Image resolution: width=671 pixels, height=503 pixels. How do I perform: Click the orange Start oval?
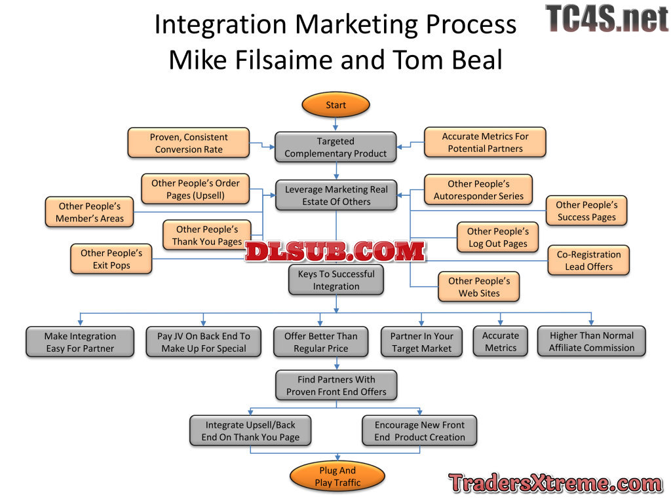[335, 105]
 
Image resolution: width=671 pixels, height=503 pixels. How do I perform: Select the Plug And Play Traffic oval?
[337, 476]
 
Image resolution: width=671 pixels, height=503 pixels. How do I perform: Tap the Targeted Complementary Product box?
[335, 147]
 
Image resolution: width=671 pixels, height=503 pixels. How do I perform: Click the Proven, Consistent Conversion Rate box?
[189, 143]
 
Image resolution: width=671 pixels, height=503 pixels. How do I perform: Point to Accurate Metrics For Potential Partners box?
[485, 142]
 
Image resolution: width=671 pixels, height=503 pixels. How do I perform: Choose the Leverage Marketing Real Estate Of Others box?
[336, 195]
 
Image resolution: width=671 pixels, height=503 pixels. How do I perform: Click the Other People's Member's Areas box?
[89, 212]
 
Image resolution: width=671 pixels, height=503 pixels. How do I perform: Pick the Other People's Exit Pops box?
[111, 259]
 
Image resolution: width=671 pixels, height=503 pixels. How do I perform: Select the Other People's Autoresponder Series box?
[478, 190]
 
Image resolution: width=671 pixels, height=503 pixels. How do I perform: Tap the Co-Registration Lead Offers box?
[588, 260]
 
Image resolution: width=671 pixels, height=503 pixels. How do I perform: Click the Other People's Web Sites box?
[478, 287]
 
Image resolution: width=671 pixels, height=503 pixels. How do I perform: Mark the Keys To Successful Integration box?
[335, 280]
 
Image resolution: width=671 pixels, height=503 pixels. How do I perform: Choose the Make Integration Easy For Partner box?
[80, 342]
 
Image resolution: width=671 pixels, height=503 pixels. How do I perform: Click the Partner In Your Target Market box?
[421, 342]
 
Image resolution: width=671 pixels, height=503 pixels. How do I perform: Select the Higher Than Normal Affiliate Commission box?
[591, 341]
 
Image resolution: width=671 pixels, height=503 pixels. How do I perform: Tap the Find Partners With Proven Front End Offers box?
[336, 385]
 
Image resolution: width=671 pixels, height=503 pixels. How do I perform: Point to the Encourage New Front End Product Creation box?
[419, 431]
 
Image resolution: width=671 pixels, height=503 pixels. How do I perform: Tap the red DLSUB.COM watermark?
[335, 251]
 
